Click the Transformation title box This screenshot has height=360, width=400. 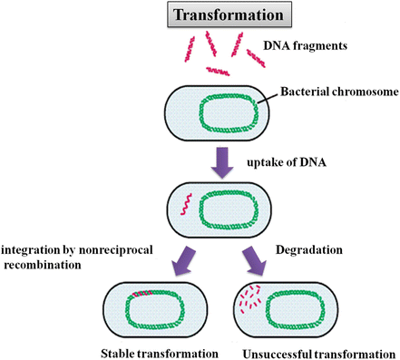tap(200, 15)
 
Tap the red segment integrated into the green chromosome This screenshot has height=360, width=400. tap(139, 294)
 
